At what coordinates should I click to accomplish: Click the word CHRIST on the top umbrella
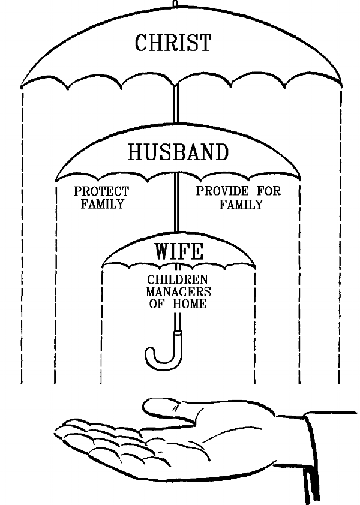[x=173, y=43]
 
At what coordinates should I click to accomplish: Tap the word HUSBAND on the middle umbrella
[x=178, y=152]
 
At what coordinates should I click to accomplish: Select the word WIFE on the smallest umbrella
[x=178, y=251]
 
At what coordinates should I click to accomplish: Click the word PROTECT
[x=101, y=192]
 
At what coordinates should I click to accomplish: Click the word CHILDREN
[x=178, y=280]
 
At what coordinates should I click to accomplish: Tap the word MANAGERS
[x=178, y=292]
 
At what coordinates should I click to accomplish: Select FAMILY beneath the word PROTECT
[x=101, y=204]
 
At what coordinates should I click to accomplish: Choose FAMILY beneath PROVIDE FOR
[x=241, y=205]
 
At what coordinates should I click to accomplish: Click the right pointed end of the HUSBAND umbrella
[x=299, y=178]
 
